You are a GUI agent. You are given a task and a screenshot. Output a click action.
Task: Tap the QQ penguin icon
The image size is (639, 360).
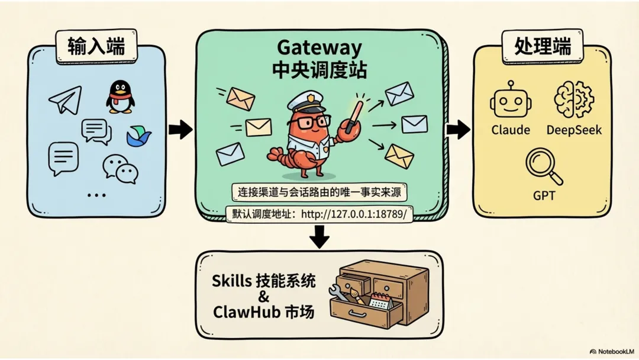coord(120,97)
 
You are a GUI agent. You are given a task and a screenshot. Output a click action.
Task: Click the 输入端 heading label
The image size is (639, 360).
coord(96,47)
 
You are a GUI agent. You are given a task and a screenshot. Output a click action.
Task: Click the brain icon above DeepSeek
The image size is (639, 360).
coord(573,99)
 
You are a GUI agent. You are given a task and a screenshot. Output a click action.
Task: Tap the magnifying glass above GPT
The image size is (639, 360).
coord(543,166)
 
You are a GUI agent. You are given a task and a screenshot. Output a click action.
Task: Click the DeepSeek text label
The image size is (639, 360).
coord(573,130)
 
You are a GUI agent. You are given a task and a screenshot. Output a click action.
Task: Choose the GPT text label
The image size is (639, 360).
coord(544,195)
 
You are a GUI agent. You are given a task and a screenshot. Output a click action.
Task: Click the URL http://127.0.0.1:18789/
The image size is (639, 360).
coord(354,214)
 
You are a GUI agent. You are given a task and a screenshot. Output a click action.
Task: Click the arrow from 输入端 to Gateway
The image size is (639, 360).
coord(180,129)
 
